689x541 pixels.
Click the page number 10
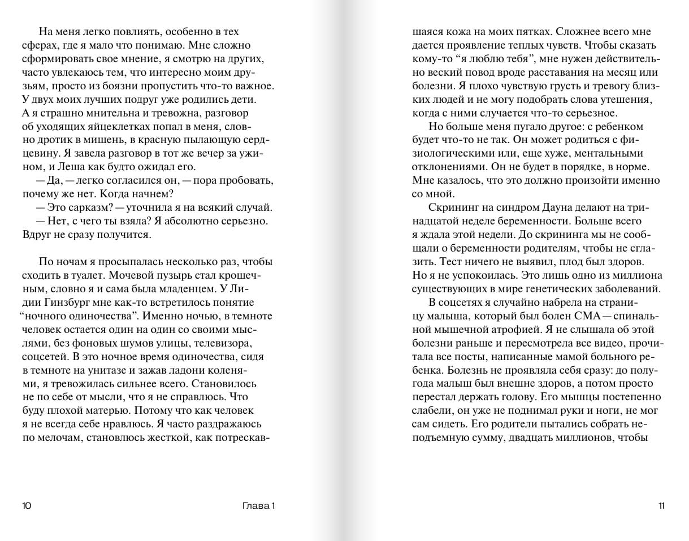pyautogui.click(x=27, y=506)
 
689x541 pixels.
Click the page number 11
pyautogui.click(x=661, y=506)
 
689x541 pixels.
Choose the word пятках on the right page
pyautogui.click(x=525, y=32)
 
